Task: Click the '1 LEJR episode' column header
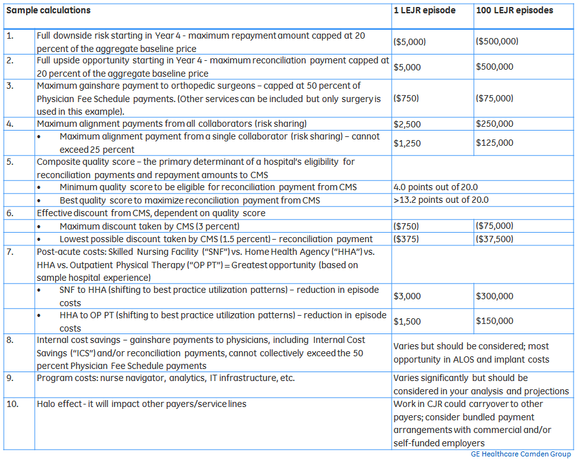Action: [424, 11]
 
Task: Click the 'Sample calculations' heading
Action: [48, 11]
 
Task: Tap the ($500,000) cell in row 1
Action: [497, 42]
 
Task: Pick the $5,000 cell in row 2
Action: [407, 67]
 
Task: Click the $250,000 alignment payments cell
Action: [495, 124]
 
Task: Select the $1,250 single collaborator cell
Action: [407, 143]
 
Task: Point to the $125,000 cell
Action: [495, 143]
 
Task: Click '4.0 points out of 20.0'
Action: [435, 187]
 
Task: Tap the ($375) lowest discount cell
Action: [406, 238]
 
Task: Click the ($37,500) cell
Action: [495, 238]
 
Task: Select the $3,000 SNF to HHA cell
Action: [407, 296]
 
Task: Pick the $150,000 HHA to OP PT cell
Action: [495, 321]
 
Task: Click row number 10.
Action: [11, 404]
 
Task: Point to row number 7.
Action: [10, 252]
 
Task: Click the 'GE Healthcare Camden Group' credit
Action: [522, 454]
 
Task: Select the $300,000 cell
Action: [495, 296]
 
